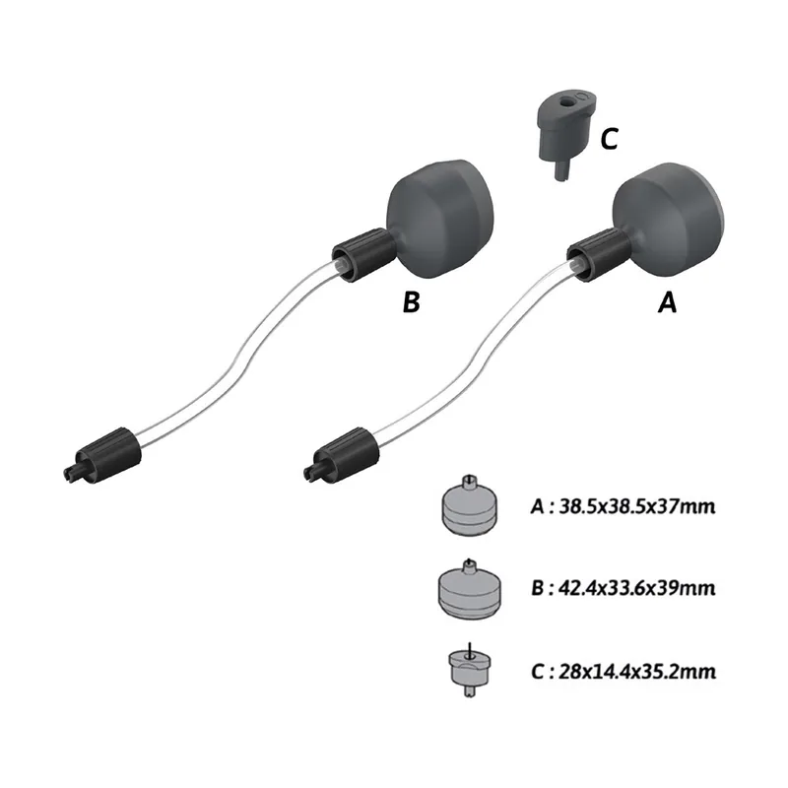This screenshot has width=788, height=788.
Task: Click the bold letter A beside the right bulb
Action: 667,302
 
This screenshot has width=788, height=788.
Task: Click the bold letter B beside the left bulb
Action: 411,302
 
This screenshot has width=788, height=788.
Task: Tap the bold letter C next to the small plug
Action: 609,139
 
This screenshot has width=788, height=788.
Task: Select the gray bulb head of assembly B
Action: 440,219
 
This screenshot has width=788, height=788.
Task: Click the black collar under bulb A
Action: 598,254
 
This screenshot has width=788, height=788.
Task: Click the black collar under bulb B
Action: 363,254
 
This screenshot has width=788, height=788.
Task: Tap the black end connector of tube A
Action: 341,455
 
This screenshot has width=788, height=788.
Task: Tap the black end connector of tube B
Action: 102,455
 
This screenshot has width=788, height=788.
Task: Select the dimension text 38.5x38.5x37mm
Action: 636,506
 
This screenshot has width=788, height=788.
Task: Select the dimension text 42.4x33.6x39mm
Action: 637,587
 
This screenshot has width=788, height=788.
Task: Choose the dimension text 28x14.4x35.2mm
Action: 637,672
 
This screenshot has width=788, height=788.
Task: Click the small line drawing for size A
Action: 469,504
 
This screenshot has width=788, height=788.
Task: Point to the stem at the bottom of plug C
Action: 560,168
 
